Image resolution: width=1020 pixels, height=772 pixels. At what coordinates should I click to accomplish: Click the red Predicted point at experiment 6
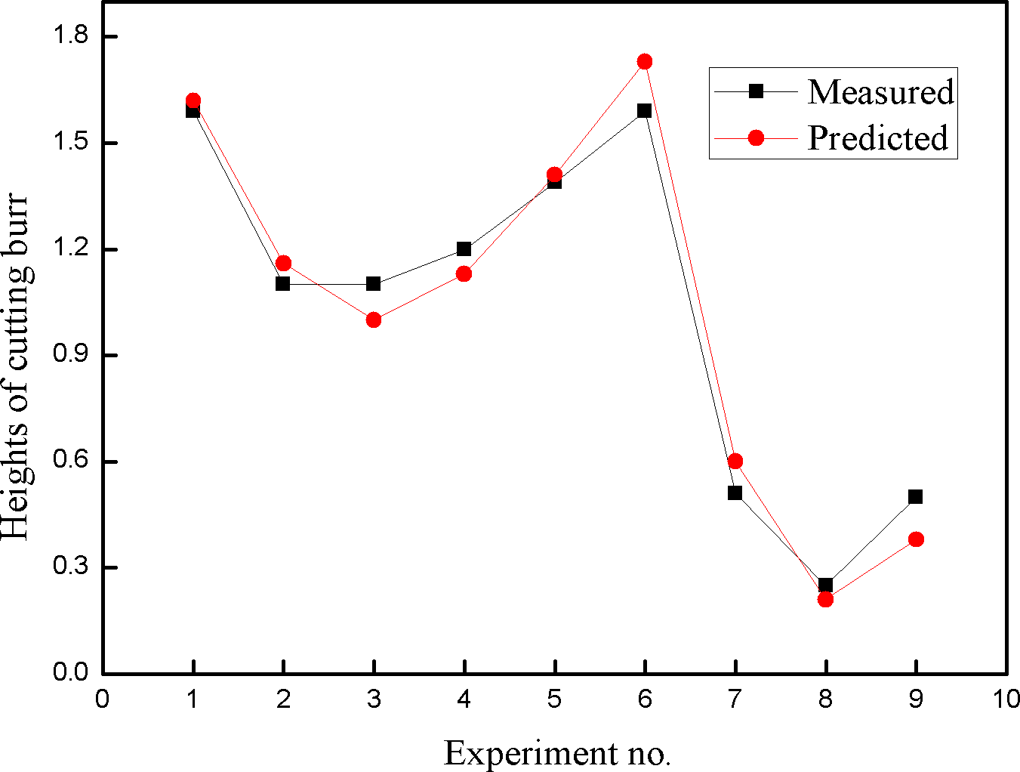(644, 62)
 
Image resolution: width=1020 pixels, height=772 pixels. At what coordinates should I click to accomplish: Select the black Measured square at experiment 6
(644, 111)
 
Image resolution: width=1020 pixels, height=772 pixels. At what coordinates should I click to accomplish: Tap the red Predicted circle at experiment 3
(374, 320)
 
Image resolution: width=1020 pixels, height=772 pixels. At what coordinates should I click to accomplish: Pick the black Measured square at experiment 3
(373, 284)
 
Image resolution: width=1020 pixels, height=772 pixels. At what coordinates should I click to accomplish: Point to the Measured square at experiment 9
(916, 496)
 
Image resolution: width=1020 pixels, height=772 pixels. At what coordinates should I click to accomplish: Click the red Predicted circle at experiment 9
(916, 539)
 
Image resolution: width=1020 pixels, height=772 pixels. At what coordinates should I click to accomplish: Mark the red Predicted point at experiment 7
(735, 461)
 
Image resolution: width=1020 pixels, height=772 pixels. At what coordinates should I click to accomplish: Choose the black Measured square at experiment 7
(735, 493)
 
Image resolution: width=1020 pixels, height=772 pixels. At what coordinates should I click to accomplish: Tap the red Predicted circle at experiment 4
(464, 273)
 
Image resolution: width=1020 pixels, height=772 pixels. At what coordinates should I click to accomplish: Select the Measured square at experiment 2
(283, 284)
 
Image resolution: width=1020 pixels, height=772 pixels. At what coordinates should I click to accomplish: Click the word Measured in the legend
(880, 91)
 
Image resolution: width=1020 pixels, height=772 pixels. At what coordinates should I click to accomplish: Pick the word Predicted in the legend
(877, 138)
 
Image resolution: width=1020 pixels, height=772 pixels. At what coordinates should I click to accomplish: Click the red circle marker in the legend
(756, 137)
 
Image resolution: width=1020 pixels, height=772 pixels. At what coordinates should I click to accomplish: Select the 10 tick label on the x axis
(1006, 699)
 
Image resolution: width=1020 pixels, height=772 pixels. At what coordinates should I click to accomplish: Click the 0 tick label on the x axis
(103, 699)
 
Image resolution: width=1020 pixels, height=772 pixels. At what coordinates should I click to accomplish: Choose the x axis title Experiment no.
(557, 753)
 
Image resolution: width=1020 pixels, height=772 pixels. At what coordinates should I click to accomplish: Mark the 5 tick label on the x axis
(554, 699)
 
